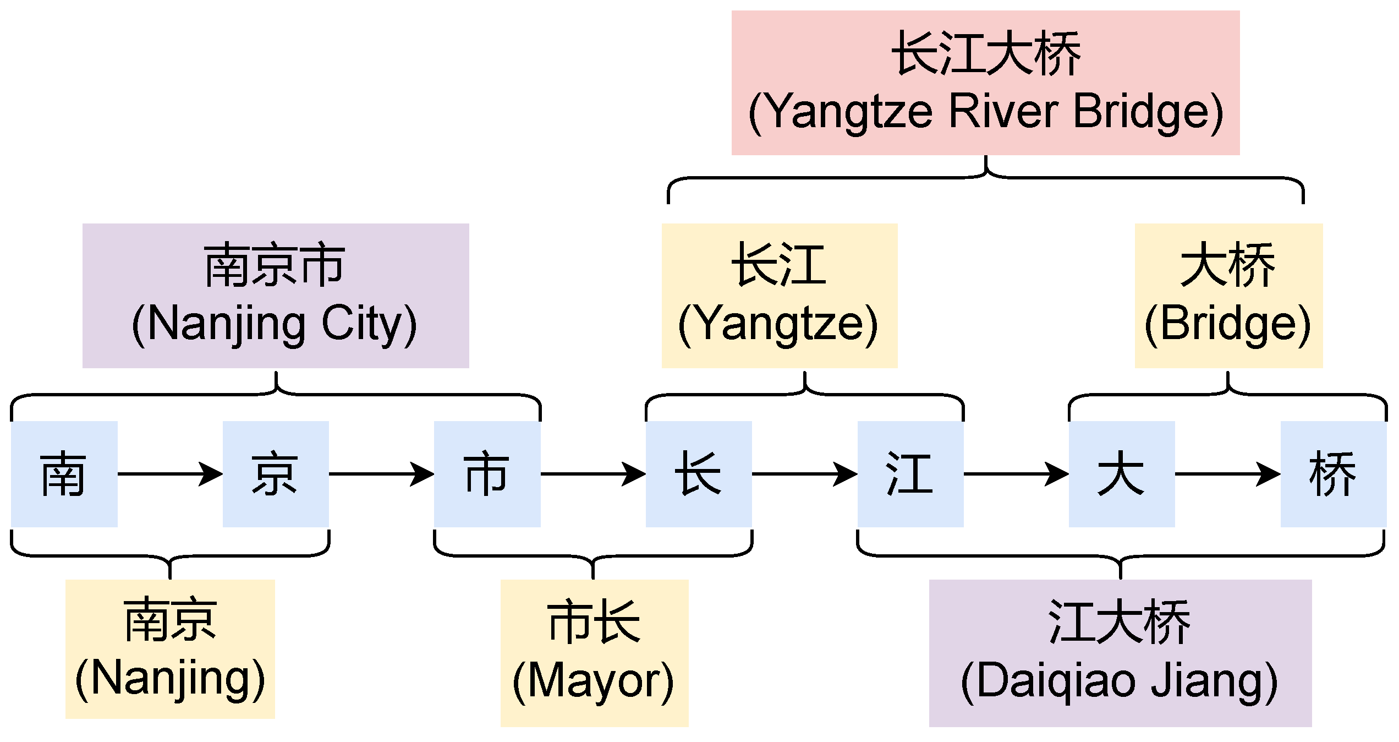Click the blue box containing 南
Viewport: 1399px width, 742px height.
click(64, 474)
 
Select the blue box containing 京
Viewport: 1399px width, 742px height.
click(276, 474)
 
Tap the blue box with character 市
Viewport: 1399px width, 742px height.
click(487, 474)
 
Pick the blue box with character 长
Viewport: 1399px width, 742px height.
click(699, 474)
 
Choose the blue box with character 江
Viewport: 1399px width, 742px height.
click(910, 474)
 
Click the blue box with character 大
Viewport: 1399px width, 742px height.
click(1122, 474)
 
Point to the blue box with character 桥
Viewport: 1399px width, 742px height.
click(1333, 474)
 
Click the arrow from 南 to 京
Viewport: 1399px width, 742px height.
click(170, 474)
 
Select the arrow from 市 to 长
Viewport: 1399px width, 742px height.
click(593, 474)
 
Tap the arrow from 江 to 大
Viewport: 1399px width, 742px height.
click(1016, 474)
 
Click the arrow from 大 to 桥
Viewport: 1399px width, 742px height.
click(1227, 474)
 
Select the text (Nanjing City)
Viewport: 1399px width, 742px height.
click(275, 325)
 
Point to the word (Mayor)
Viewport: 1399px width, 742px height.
click(594, 682)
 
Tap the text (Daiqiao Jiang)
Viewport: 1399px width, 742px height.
click(1120, 682)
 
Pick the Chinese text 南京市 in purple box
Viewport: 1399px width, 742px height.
click(275, 266)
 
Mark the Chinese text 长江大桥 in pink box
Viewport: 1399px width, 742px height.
click(986, 54)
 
